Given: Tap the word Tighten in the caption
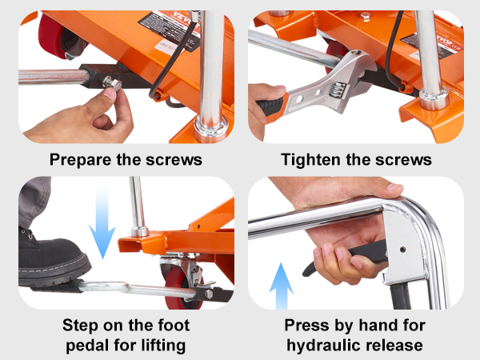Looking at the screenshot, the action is [310, 160].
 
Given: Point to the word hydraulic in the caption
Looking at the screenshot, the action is [323, 346].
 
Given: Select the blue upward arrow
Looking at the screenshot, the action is [282, 286].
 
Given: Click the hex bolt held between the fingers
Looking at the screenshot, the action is [112, 83].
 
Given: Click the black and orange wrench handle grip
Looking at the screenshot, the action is [271, 105].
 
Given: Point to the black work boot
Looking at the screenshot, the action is [52, 260].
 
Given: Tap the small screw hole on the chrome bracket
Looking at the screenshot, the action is [403, 250].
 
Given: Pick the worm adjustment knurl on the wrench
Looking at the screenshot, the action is [338, 90].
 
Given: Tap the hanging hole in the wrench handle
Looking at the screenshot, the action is [298, 98].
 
